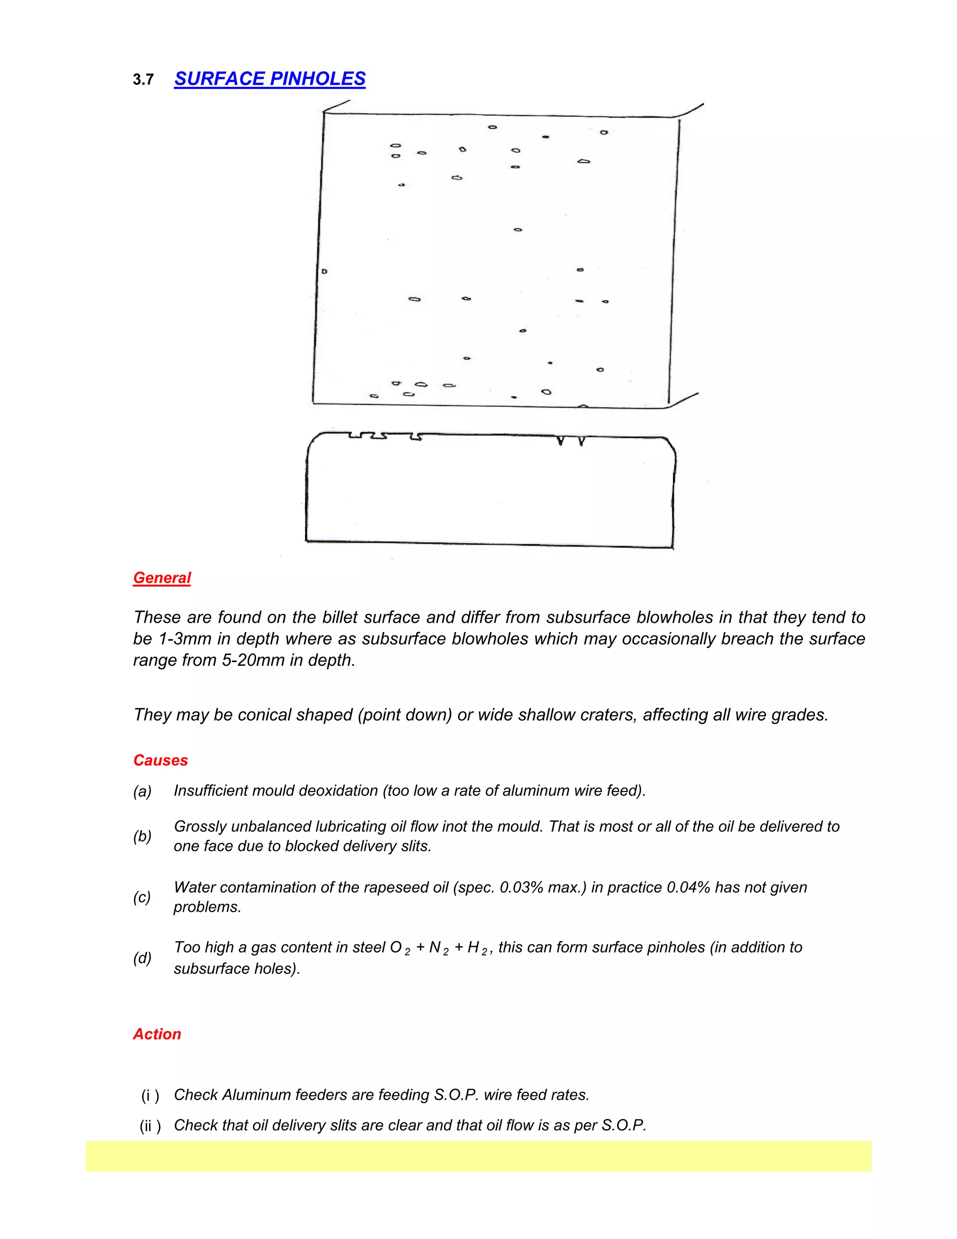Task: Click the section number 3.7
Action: [x=143, y=79]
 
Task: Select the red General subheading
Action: [x=162, y=577]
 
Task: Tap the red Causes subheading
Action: [x=160, y=760]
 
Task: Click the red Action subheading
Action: [x=157, y=1034]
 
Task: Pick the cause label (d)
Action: [x=143, y=958]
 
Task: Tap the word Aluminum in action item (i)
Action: [x=256, y=1095]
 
